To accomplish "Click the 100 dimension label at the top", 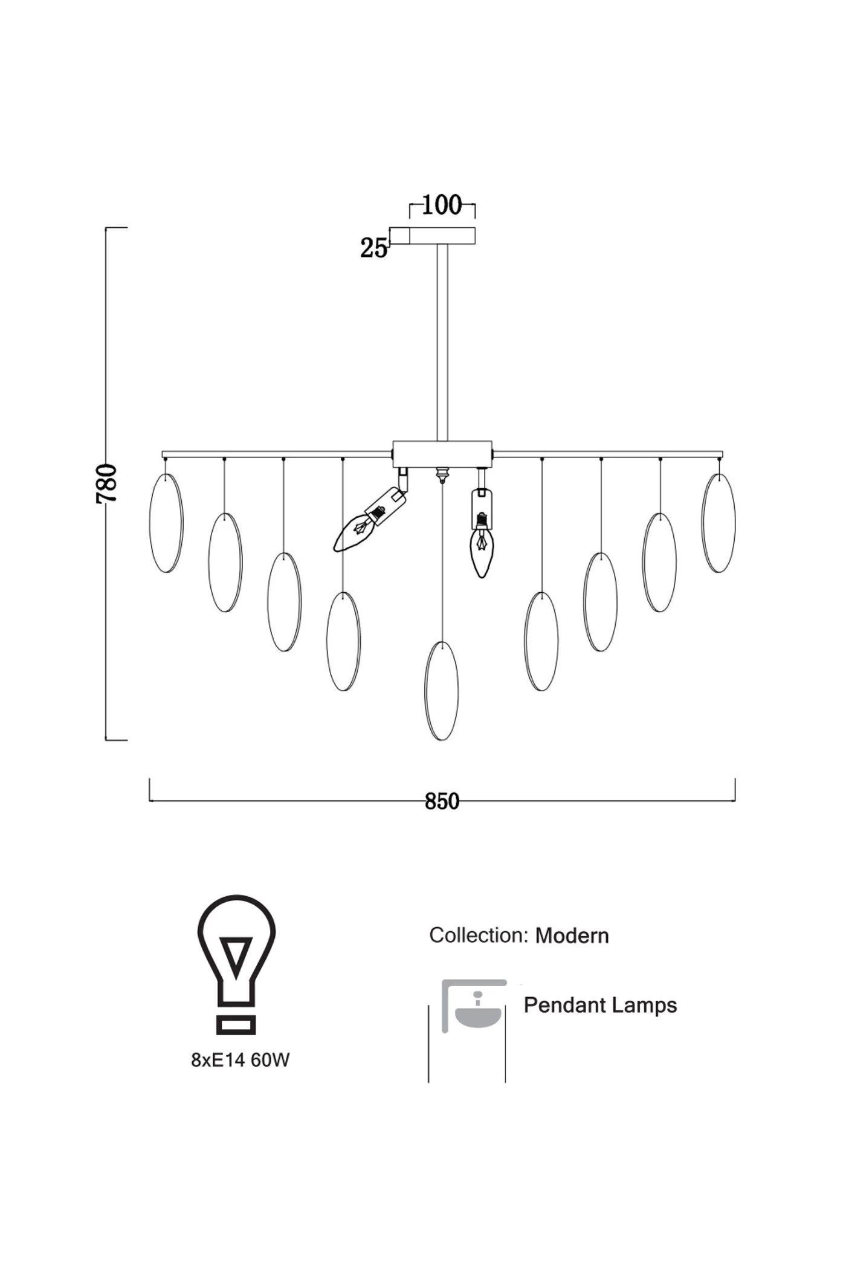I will (x=442, y=205).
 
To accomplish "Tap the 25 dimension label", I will (x=373, y=248).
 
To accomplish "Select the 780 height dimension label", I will (x=107, y=483).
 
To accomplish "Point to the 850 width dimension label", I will (x=442, y=801).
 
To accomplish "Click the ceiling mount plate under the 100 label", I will (x=442, y=235).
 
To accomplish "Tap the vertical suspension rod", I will (x=442, y=341).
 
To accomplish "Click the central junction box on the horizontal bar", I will (x=442, y=453).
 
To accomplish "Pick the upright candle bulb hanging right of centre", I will (x=482, y=547).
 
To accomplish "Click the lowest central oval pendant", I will (x=442, y=691).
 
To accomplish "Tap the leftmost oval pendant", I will (x=166, y=523).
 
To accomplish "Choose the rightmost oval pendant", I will (x=718, y=523).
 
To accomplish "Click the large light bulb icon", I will (x=236, y=964).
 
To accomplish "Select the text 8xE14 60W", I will (x=241, y=1060).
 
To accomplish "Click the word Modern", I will (x=572, y=936).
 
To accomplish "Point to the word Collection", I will (x=479, y=935).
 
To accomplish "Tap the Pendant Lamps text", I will (x=600, y=1006).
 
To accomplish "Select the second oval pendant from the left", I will (x=225, y=563).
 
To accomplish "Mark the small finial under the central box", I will (x=442, y=474).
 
